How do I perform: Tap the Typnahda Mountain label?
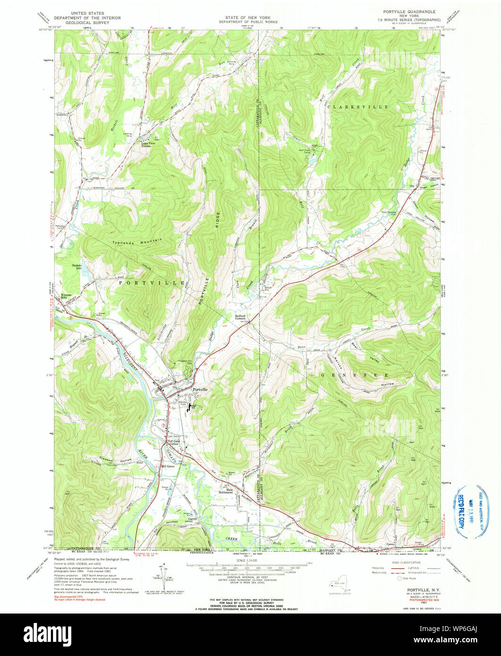coord(137,240)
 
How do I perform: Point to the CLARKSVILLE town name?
coord(357,107)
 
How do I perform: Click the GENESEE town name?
coord(355,375)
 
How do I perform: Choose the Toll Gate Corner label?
coord(170,442)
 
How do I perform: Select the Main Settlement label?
coord(226,491)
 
